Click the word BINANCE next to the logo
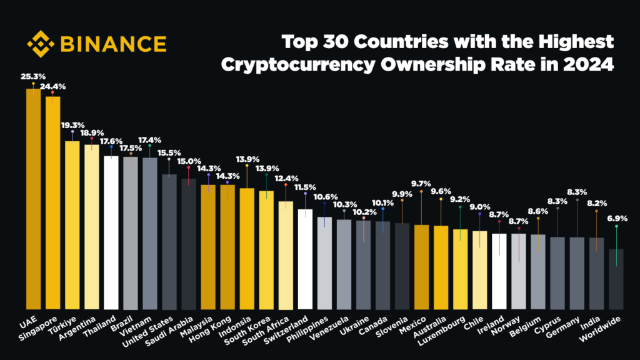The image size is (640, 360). tap(113, 44)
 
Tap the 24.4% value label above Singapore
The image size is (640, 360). tap(53, 86)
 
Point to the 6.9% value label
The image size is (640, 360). tap(617, 219)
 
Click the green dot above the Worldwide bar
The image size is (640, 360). tap(616, 227)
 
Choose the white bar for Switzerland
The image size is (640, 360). tap(305, 259)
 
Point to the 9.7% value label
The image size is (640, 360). tap(422, 183)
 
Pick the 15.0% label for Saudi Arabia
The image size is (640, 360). tap(189, 161)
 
